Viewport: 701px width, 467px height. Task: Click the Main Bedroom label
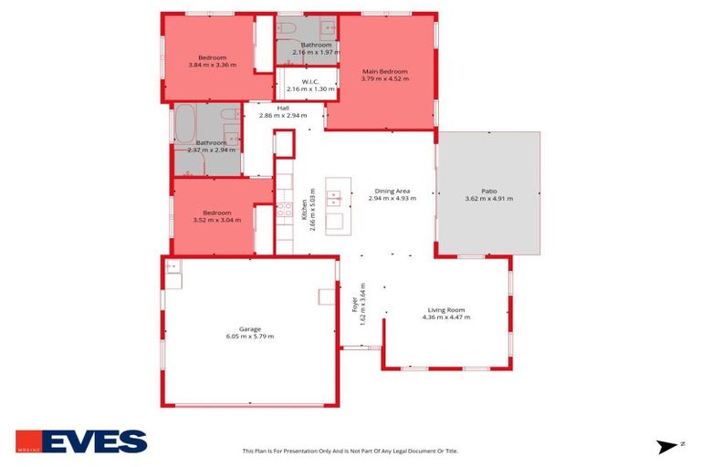point(384,71)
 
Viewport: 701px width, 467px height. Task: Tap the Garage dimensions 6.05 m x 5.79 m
point(250,337)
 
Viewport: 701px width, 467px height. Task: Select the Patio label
point(489,191)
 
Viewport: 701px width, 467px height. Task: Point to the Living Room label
point(446,309)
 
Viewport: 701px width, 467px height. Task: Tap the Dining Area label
point(392,191)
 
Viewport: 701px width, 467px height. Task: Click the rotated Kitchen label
point(304,211)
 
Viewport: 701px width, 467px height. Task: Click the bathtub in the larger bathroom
point(185,123)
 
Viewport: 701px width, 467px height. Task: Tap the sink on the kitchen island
point(334,196)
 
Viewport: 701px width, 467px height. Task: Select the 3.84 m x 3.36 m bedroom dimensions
point(212,65)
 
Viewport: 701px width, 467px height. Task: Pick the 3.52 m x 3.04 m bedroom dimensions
point(217,220)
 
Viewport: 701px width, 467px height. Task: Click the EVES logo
point(81,441)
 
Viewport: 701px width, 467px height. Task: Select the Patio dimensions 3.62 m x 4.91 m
point(489,198)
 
